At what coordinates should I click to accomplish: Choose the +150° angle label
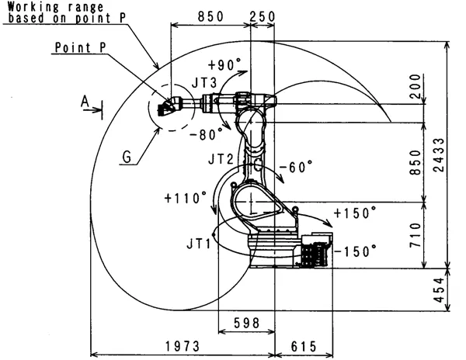tap(354, 212)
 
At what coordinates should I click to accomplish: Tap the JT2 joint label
tap(221, 158)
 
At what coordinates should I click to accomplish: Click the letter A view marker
tap(84, 100)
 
